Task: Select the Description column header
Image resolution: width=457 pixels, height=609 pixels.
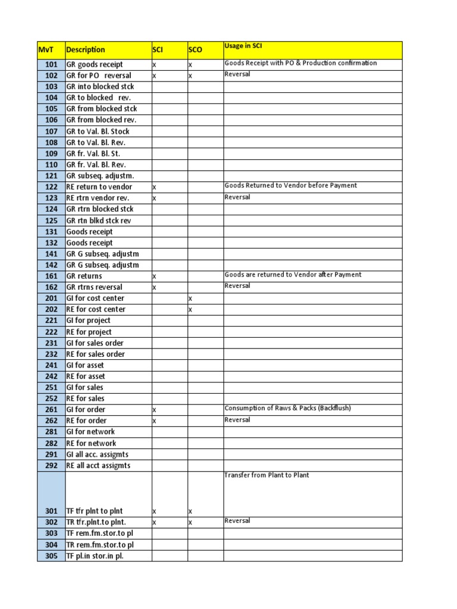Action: [x=86, y=50]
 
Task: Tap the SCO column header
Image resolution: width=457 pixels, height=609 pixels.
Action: [x=196, y=50]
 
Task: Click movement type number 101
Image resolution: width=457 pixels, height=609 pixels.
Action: [x=51, y=64]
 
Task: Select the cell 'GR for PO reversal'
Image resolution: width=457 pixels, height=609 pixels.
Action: [x=99, y=76]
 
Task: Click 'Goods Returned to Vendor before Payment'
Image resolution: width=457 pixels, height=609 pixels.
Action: [x=290, y=186]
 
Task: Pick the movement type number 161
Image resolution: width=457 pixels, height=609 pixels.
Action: [x=51, y=276]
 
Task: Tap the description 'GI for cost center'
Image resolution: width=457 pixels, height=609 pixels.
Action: [x=95, y=298]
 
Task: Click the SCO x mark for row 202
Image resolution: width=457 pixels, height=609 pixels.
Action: [x=190, y=309]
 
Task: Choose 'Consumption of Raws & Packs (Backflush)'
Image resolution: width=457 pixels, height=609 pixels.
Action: [x=287, y=409]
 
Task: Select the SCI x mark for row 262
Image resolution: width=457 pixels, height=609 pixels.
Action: [x=154, y=420]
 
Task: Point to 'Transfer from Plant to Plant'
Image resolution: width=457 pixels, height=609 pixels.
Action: [x=267, y=475]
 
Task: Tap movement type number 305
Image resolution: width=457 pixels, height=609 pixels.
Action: [x=51, y=556]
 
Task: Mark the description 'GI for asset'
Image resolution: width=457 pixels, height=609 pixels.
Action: [x=84, y=365]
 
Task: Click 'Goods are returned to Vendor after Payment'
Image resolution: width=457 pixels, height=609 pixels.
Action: [x=293, y=275]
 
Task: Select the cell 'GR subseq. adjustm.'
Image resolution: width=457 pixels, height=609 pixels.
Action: [x=100, y=175]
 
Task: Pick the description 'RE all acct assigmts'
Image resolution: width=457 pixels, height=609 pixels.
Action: [x=98, y=465]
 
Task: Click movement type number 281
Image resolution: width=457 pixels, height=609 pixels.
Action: [x=51, y=432]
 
